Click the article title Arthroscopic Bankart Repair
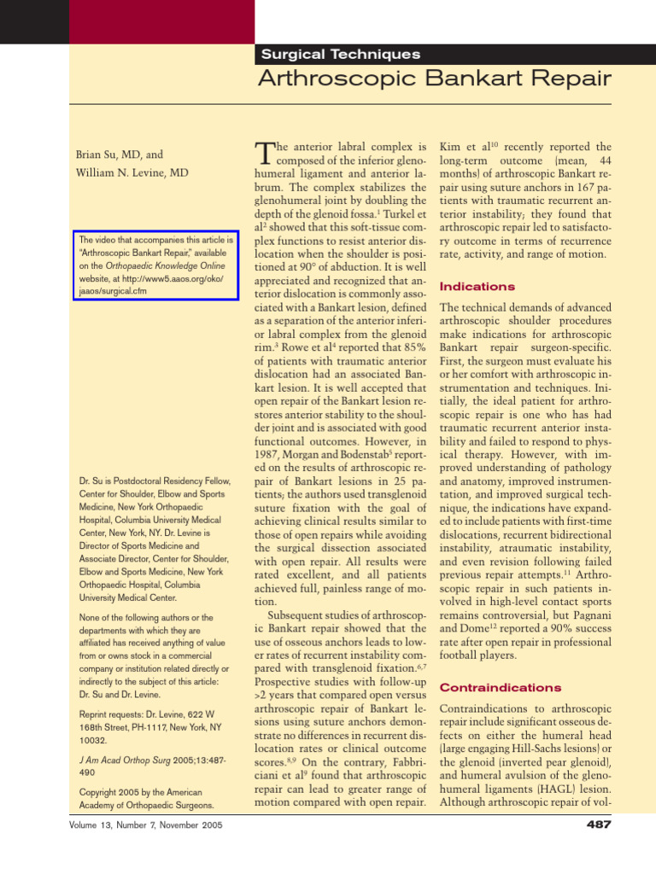(435, 79)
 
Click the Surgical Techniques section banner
(340, 54)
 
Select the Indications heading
(477, 287)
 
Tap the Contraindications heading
(500, 687)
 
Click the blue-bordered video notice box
(155, 265)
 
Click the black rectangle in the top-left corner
(33, 21)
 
